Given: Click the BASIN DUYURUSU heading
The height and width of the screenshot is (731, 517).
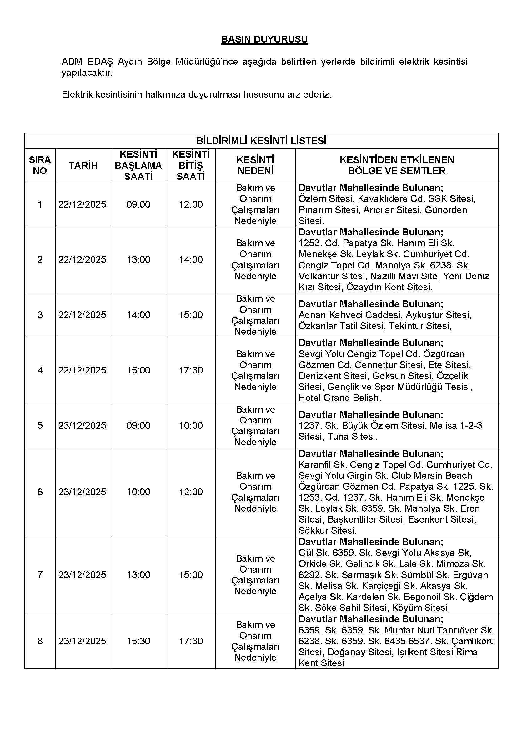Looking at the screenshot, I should pos(264,39).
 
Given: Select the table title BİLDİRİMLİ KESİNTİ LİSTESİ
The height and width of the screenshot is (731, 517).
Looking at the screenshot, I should pos(261,141).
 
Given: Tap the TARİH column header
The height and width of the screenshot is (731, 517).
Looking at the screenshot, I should pos(83,165).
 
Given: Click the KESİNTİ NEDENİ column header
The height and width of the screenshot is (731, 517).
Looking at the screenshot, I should pos(255,165).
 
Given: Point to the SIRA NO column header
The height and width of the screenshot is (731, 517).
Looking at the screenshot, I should pos(40,165).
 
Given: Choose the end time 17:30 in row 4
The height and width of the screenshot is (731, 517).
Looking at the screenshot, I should pos(191,370).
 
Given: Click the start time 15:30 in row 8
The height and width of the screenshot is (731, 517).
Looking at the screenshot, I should pos(138,641).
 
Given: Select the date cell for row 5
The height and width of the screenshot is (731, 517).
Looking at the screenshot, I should pos(82,425).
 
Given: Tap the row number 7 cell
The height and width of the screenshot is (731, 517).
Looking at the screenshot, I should pos(40,575).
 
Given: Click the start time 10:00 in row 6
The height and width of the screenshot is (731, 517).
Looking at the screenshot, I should pos(138,492).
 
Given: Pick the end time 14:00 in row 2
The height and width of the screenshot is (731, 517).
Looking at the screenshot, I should pos(191,259).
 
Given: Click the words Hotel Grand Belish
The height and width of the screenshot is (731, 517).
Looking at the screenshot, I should pos(339,398).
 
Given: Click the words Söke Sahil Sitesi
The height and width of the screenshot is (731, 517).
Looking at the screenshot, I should pos(351,608).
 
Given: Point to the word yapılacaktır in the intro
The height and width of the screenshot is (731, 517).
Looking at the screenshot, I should pos(87,73).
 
